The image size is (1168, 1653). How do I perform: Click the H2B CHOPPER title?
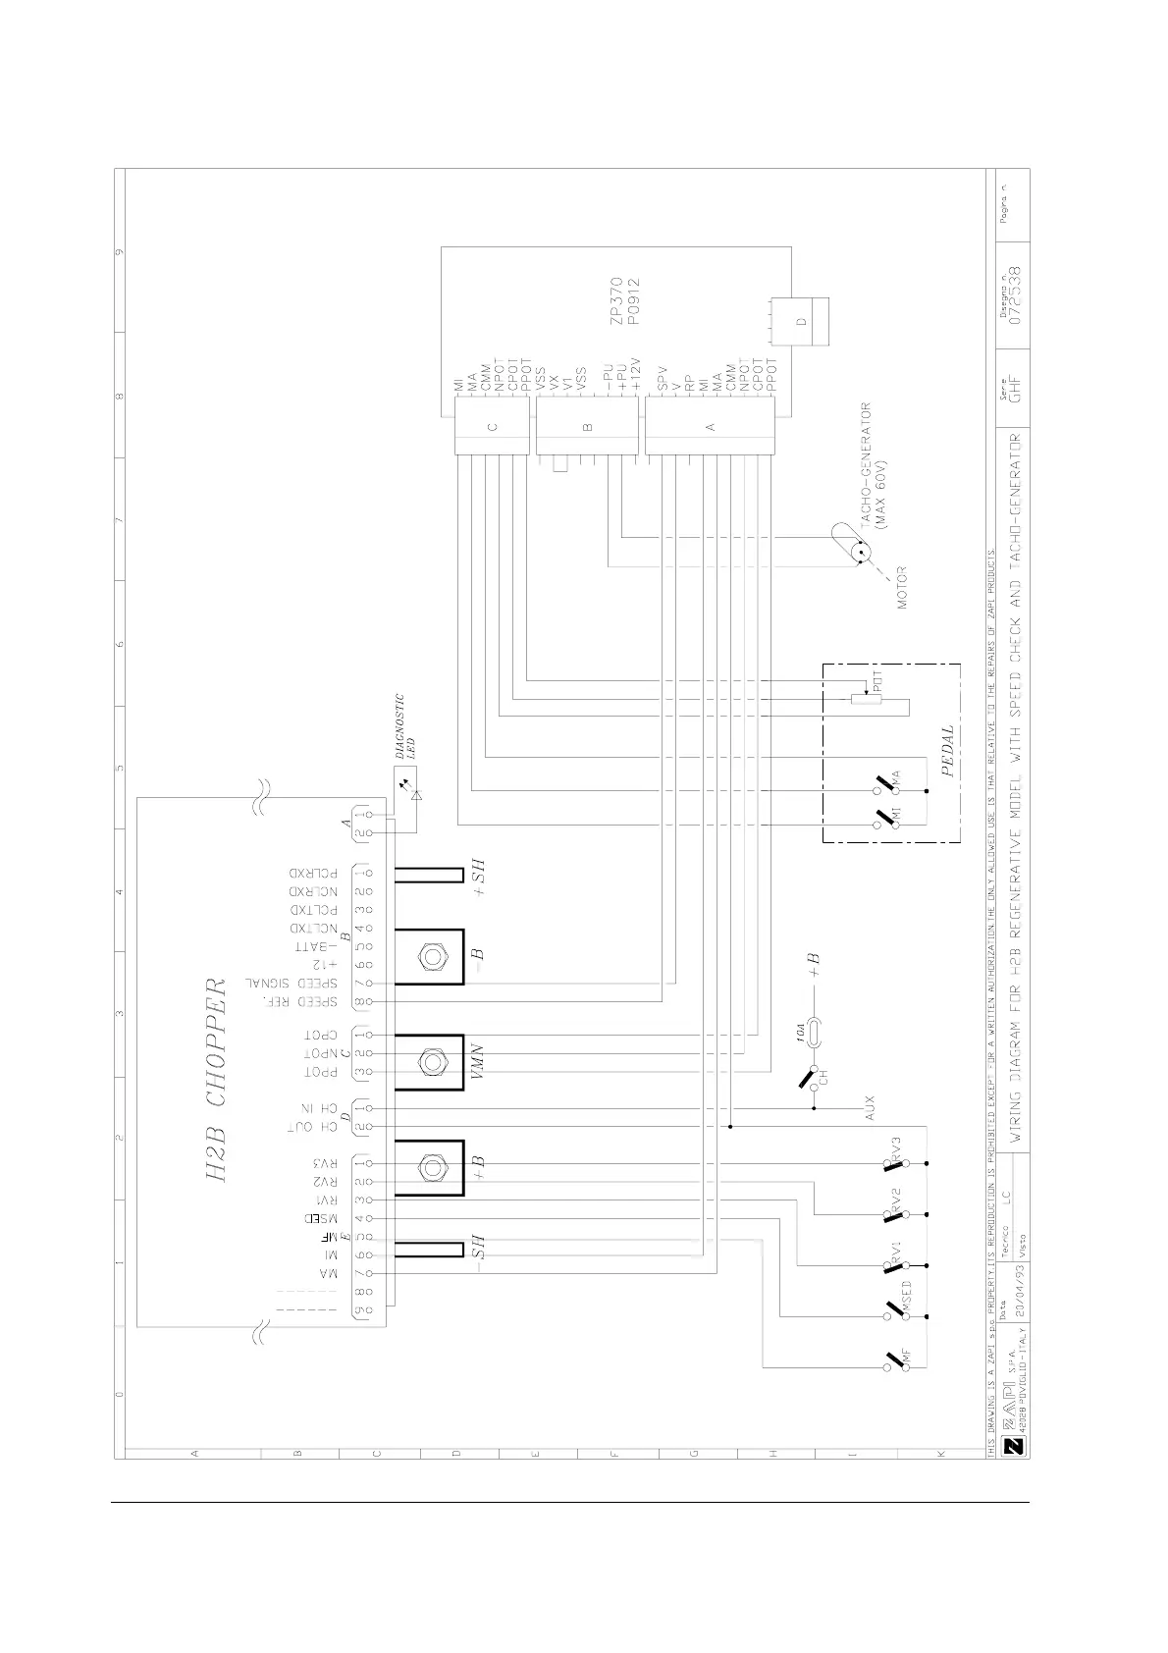pos(218,1080)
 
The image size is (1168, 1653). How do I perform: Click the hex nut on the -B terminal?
pos(429,955)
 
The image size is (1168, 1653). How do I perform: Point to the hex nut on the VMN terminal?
pos(429,1061)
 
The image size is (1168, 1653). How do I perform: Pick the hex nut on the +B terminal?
pos(429,1167)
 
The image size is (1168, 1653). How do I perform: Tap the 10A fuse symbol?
pos(812,1031)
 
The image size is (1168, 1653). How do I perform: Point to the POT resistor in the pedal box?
pos(866,698)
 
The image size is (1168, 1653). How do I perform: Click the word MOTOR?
pos(901,587)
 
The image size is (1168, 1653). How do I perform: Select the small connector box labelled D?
pos(800,322)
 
